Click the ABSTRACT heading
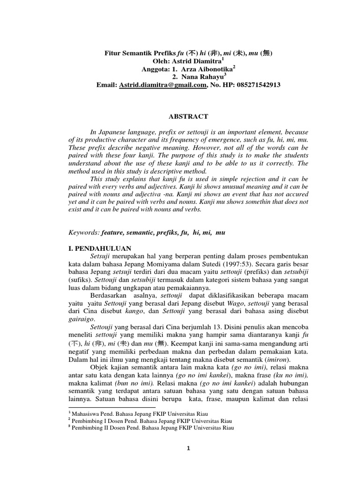click(x=188, y=116)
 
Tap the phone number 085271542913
click(x=253, y=85)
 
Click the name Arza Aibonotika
click(x=205, y=69)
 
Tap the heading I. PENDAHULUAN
click(x=100, y=247)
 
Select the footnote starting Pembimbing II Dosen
click(x=150, y=427)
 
